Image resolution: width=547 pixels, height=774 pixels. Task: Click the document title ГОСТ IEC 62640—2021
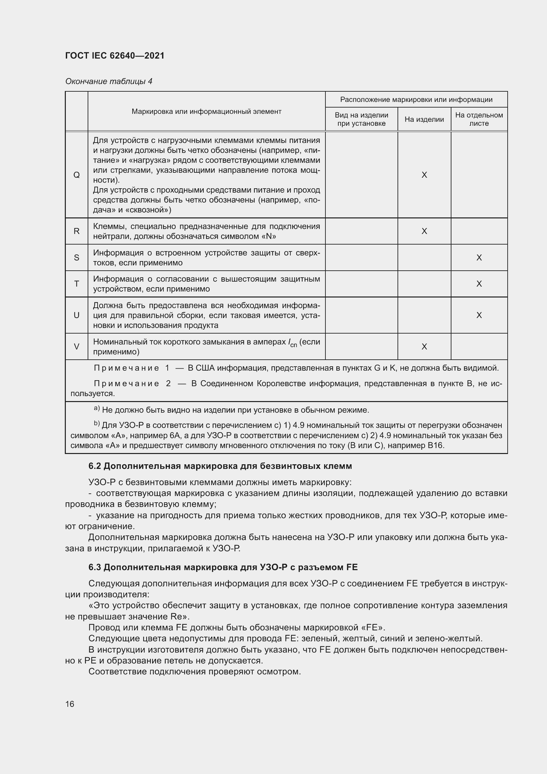pos(115,56)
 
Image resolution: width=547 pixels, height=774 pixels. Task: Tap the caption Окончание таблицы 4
pos(108,81)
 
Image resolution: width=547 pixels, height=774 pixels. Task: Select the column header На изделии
pos(424,119)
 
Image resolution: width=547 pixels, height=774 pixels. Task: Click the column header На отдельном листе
pos(479,119)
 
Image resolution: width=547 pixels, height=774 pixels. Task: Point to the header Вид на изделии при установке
pos(361,119)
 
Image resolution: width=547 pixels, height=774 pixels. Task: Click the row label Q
pos(76,175)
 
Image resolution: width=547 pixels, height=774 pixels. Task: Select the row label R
pos(76,231)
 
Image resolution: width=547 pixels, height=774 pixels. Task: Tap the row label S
pos(76,257)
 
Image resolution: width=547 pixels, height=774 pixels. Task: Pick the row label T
pos(76,284)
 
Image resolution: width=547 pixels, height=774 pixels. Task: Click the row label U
pos(76,315)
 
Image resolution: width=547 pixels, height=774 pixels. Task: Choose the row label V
pos(76,346)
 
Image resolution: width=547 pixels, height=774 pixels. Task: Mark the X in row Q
pos(424,175)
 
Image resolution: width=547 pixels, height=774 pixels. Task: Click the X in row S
pos(479,257)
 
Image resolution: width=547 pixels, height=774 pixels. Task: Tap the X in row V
pos(424,346)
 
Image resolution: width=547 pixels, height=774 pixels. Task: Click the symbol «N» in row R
pos(269,236)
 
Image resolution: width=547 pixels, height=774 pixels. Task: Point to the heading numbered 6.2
pos(220,466)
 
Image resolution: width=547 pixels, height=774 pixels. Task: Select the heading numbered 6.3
pos(223,568)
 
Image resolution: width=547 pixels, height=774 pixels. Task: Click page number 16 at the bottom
pos(70,704)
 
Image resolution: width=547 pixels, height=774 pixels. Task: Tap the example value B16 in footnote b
pos(436,445)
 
